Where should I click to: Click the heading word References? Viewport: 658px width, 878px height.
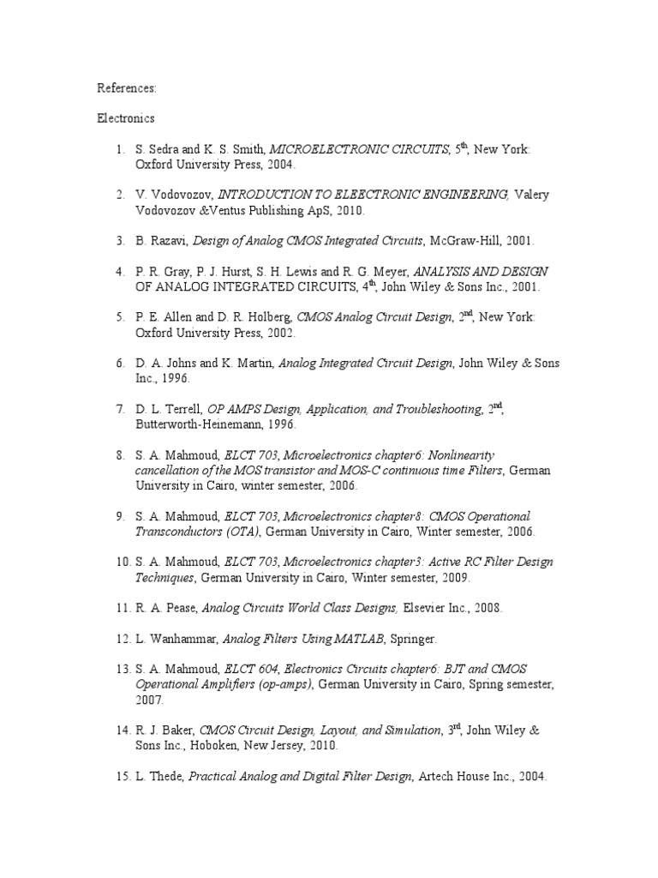(x=125, y=87)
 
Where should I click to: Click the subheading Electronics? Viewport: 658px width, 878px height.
(x=125, y=118)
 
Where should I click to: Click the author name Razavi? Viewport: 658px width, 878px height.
(x=164, y=242)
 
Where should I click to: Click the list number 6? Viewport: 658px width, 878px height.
(x=121, y=364)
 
